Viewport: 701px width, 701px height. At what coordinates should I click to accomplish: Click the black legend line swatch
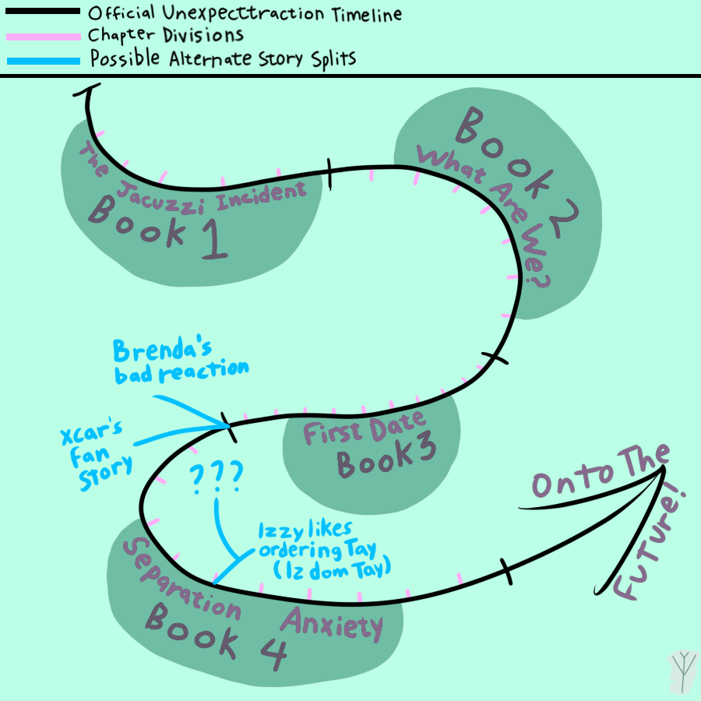42,12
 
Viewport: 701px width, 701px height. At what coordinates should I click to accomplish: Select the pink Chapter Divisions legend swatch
42,36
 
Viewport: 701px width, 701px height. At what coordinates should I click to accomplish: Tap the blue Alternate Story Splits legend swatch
42,60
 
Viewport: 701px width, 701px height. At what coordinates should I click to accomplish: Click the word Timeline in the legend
361,13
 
